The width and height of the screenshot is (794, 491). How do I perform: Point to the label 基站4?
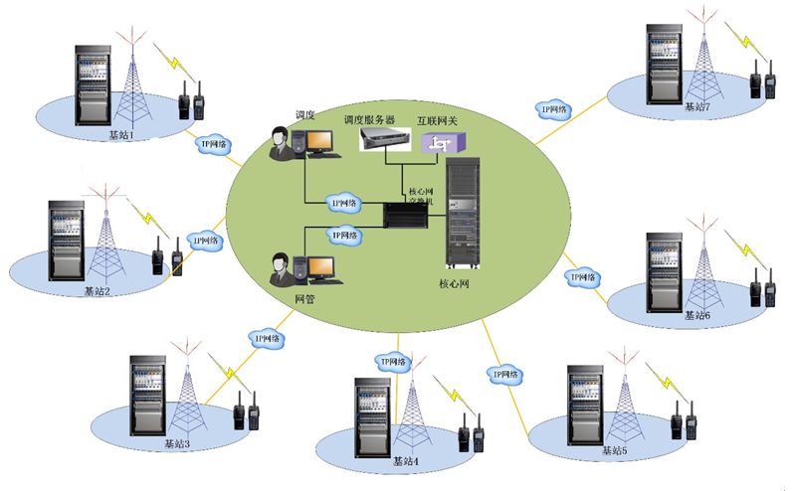click(406, 460)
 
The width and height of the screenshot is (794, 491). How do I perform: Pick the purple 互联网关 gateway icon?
click(440, 143)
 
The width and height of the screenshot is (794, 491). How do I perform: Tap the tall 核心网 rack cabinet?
click(465, 214)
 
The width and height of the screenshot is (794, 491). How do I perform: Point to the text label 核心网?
click(453, 282)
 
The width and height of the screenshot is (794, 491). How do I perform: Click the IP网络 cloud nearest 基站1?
click(211, 144)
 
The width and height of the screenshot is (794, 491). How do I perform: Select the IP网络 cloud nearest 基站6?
click(581, 277)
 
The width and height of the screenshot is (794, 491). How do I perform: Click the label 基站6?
click(697, 315)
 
